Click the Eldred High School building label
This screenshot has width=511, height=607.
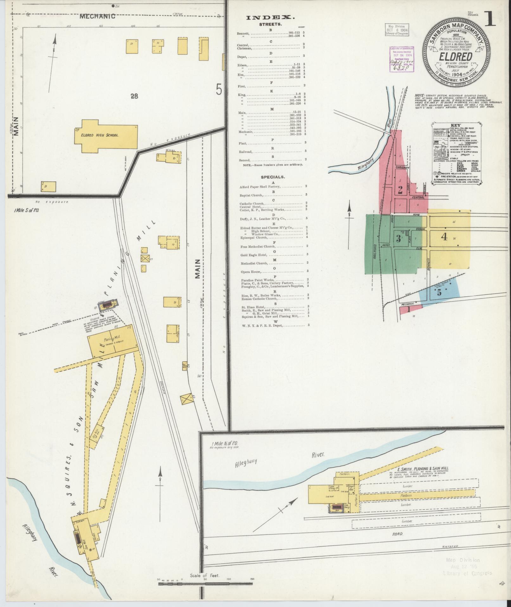coord(99,135)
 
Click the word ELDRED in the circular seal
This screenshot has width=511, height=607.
coord(456,56)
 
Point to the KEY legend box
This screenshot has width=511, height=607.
coord(457,153)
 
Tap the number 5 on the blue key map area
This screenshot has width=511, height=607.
coord(439,293)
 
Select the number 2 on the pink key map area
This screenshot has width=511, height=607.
coord(400,190)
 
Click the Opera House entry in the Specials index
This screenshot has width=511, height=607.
coord(251,272)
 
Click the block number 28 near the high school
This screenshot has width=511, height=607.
coord(134,96)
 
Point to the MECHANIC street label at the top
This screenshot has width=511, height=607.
coord(97,16)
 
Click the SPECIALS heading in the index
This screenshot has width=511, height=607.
coord(272,177)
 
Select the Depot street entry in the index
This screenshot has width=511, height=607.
coord(242,56)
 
